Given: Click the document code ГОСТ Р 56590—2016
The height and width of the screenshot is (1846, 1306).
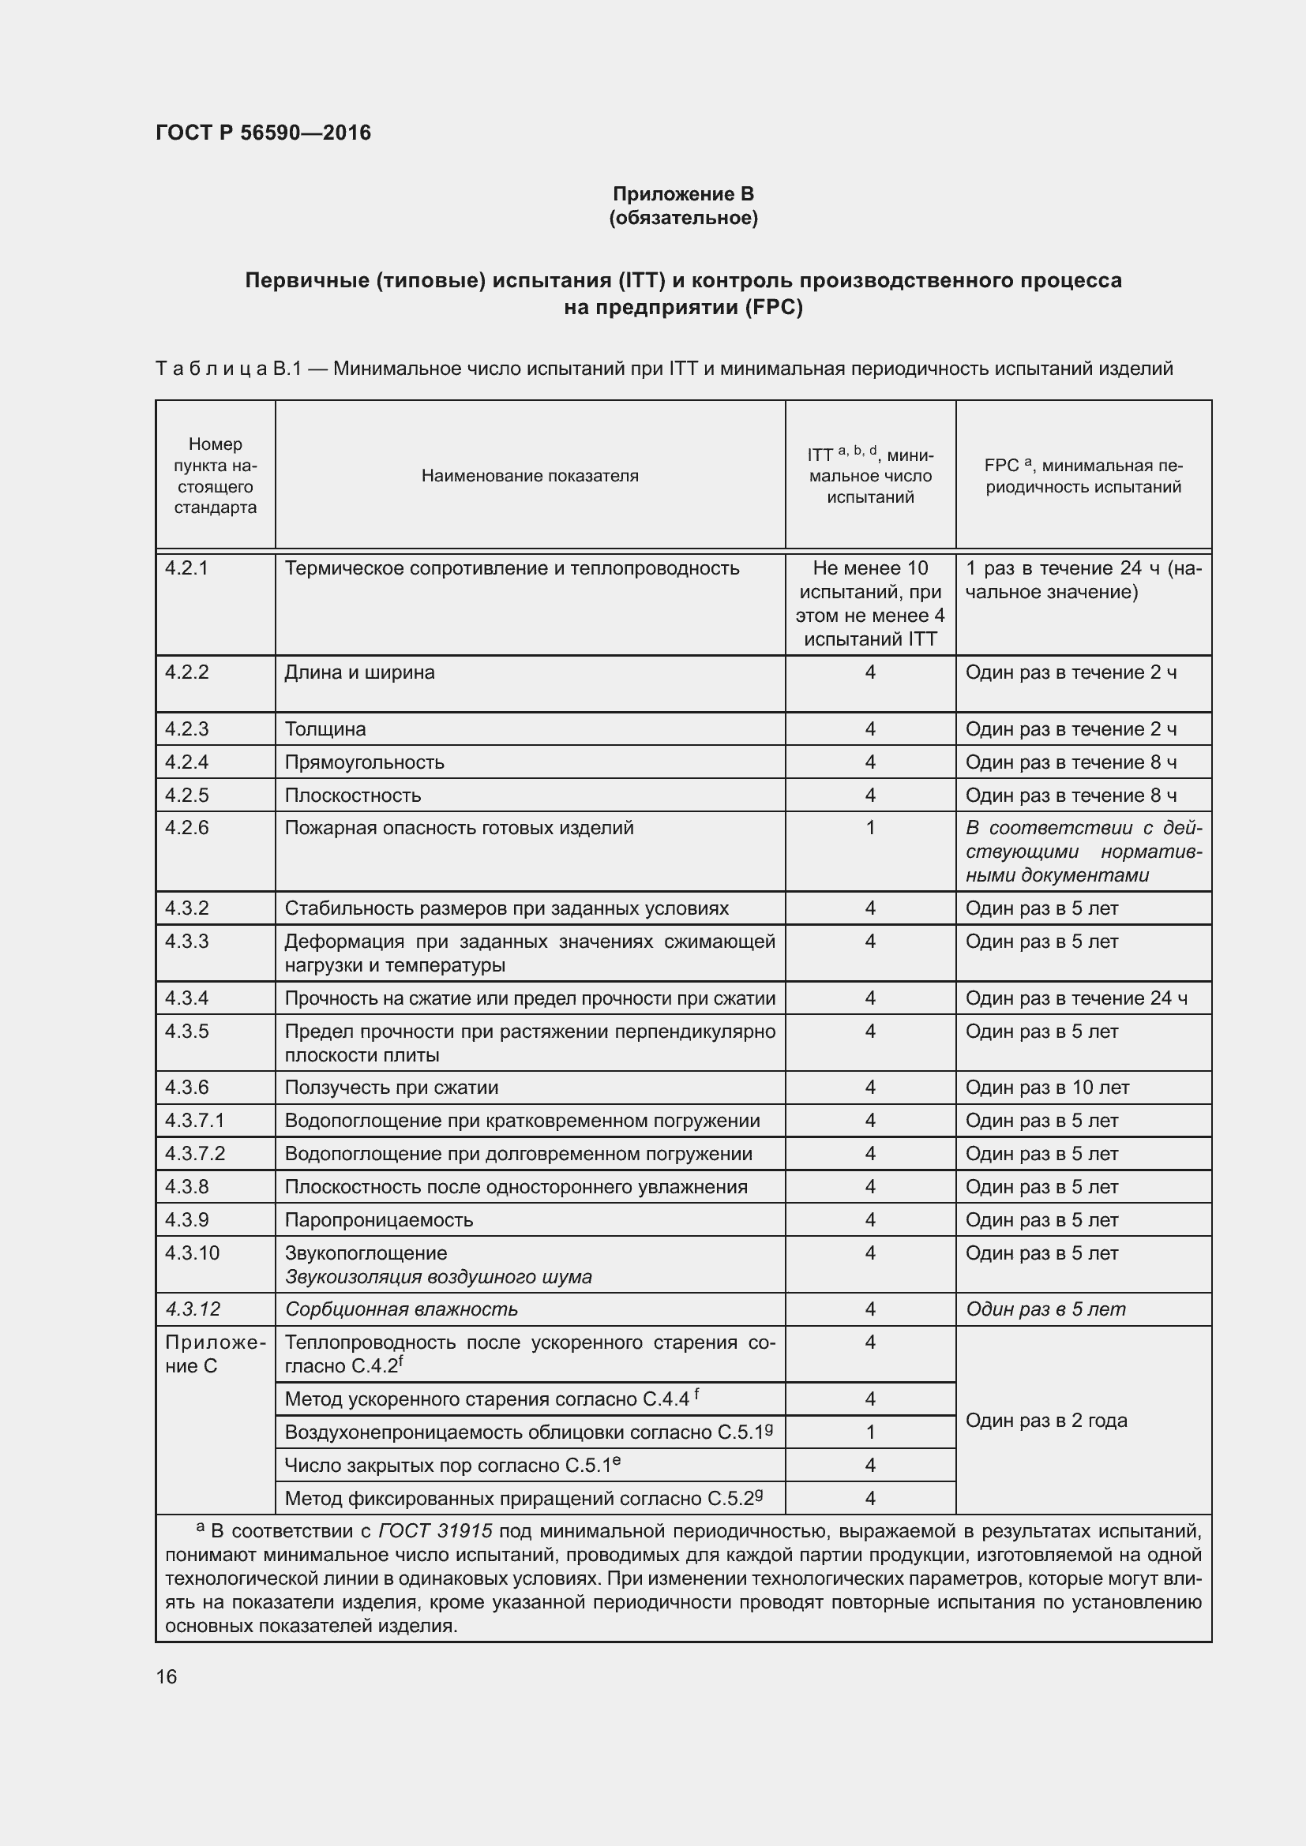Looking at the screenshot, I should click(263, 133).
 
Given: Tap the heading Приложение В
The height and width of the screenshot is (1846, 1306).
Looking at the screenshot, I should click(683, 194).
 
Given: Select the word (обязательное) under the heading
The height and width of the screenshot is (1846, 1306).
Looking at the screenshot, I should click(683, 218).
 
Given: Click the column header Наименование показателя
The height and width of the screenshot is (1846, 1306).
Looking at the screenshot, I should click(529, 476).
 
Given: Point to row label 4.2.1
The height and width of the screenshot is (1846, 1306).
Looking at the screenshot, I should click(186, 568).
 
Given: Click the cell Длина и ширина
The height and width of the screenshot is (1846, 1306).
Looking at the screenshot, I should click(359, 672).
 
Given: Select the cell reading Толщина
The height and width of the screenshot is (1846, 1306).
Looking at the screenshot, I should click(325, 729).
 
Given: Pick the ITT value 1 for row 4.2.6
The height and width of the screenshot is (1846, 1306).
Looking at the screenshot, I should click(869, 827).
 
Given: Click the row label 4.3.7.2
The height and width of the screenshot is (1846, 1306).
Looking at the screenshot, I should click(194, 1154).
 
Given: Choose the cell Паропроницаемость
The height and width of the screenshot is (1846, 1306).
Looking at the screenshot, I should click(379, 1219).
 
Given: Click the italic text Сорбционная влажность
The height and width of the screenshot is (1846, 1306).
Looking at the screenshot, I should click(401, 1309).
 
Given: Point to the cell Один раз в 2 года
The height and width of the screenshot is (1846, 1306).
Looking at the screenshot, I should click(1046, 1420).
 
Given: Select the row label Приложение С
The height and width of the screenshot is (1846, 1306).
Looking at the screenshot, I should click(214, 1354).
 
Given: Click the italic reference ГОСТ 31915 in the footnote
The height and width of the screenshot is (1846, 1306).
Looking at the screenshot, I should click(435, 1531).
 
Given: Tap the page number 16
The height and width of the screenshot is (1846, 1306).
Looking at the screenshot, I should click(167, 1676).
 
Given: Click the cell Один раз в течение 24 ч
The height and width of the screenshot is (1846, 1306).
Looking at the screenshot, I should click(1076, 998).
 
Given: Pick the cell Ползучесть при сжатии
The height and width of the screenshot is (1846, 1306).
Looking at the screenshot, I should click(392, 1088).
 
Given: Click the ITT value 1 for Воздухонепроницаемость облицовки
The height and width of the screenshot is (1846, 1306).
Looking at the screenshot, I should click(869, 1432).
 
